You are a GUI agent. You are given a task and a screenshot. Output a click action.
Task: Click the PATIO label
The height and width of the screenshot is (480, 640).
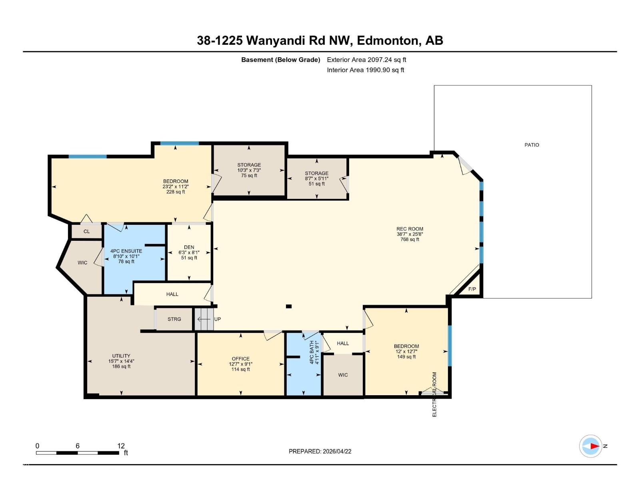click(532, 145)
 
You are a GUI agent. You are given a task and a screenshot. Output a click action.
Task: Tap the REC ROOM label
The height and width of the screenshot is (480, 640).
click(410, 229)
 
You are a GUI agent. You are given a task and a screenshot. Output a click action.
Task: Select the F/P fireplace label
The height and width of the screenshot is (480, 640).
click(472, 289)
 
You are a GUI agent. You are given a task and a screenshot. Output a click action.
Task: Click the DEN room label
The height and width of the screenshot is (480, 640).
click(189, 247)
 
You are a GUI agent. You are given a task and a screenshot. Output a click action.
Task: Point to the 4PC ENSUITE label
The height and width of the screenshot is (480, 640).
click(126, 251)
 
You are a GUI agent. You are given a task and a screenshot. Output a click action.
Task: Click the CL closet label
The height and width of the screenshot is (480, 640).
click(86, 232)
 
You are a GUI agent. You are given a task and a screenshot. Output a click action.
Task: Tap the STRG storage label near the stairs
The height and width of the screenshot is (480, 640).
click(174, 319)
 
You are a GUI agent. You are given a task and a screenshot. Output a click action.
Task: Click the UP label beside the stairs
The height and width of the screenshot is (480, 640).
click(218, 319)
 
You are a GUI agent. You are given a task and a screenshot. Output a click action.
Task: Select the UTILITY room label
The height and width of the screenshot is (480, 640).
click(121, 356)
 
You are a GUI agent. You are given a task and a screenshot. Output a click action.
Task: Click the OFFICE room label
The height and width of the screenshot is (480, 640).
click(240, 359)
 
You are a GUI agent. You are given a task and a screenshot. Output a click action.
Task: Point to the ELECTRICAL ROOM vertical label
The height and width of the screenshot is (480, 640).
click(434, 394)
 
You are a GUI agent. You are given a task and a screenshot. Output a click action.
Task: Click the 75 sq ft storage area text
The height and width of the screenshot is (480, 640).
click(249, 176)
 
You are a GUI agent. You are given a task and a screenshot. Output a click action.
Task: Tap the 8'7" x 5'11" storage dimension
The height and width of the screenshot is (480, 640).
click(316, 178)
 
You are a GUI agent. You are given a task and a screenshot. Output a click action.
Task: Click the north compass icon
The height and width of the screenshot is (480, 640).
click(591, 446)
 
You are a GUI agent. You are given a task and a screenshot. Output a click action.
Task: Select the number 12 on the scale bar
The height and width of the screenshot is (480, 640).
click(121, 446)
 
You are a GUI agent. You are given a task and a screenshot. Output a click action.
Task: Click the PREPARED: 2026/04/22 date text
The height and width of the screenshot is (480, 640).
click(320, 451)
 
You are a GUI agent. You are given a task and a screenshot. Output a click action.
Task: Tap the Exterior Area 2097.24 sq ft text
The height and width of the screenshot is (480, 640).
click(366, 60)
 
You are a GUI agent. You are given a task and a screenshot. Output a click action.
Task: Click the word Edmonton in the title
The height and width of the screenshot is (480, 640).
click(387, 40)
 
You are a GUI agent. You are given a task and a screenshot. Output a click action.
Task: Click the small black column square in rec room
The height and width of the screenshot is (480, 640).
click(289, 306)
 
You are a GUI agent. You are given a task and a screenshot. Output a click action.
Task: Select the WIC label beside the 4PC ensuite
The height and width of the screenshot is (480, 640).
click(82, 263)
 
